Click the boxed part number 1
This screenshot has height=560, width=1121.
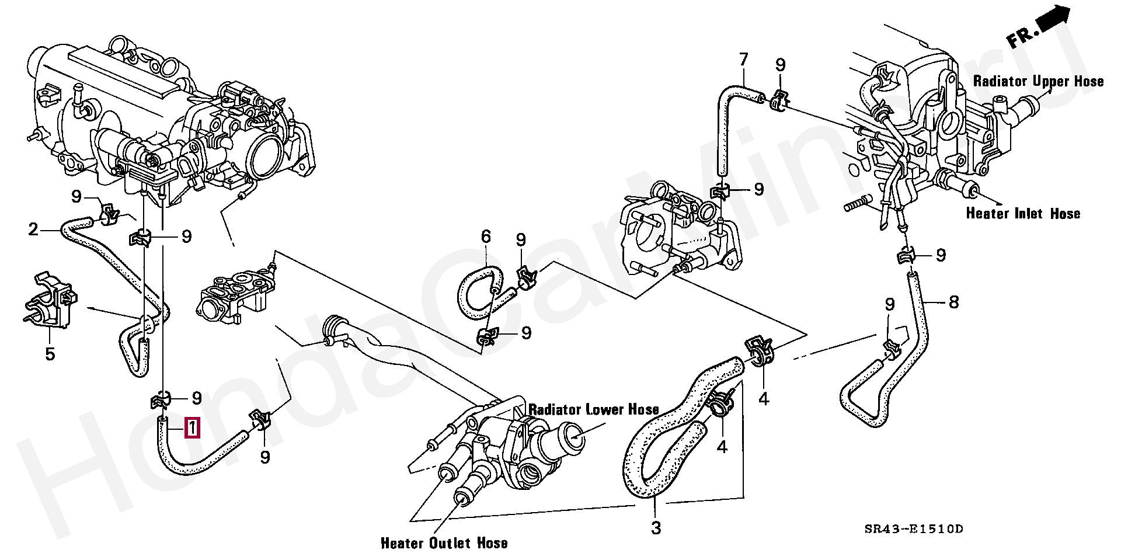tap(193, 428)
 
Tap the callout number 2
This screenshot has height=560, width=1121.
tap(33, 229)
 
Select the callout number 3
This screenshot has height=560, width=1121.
tap(656, 528)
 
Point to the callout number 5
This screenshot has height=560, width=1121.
tap(50, 353)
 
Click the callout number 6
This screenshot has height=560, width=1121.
tap(486, 236)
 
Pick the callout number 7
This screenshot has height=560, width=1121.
tap(743, 60)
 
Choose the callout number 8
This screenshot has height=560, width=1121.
tap(953, 302)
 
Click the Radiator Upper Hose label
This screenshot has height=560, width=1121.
tap(1038, 82)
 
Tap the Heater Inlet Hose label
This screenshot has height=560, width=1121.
tap(1023, 214)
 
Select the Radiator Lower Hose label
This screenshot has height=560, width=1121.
tap(594, 409)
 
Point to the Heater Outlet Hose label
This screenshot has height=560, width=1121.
tap(444, 543)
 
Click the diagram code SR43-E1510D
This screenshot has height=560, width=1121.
tap(914, 530)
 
